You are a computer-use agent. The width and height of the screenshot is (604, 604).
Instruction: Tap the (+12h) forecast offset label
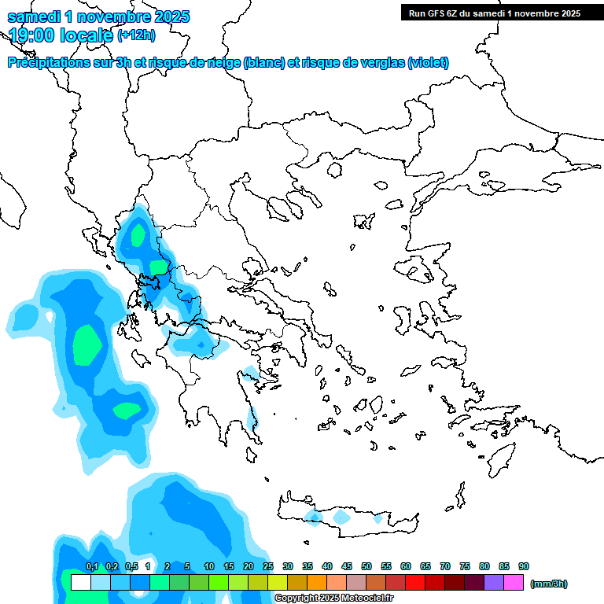point(136,35)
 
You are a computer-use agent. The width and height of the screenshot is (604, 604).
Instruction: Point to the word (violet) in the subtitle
point(428,63)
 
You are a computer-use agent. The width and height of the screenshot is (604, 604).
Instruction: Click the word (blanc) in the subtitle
point(264,63)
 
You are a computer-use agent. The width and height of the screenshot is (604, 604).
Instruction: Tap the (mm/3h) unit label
point(548,584)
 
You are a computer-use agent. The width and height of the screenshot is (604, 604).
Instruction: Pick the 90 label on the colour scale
point(524,567)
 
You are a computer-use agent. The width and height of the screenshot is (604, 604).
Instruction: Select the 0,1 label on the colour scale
point(91,567)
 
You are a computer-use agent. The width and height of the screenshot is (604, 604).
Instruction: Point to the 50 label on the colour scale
point(366,567)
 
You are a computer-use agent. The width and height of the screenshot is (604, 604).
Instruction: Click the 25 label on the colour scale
point(268,567)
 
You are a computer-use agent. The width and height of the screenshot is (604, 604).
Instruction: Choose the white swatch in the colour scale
point(80,583)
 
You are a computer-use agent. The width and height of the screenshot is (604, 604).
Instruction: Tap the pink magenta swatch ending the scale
point(514,583)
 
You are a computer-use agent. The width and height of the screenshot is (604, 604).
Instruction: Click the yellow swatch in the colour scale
point(278,583)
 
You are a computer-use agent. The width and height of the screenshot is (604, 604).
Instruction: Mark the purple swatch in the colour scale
point(494,583)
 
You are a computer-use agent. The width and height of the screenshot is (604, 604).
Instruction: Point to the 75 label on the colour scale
point(465,567)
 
